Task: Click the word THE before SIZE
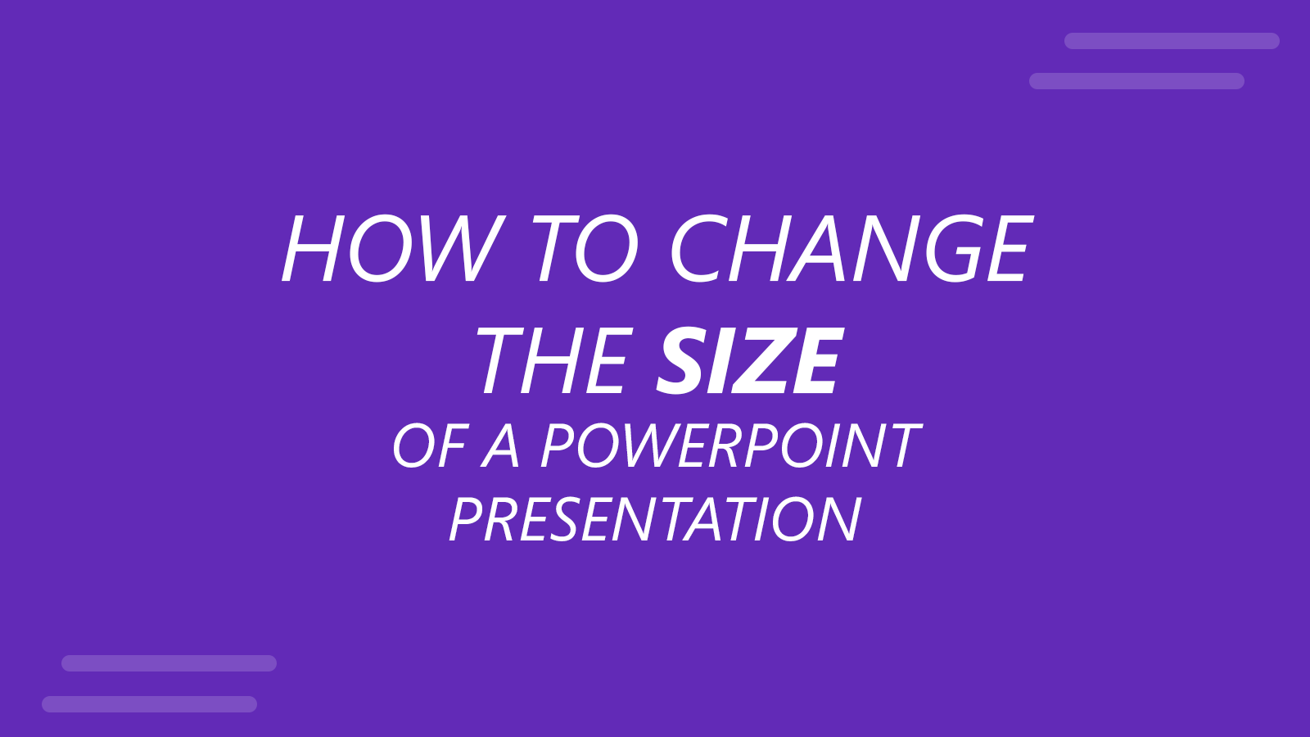coord(555,361)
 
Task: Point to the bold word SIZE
coord(749,361)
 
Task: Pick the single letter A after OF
coord(501,446)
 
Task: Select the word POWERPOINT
coord(730,446)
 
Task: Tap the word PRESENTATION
coord(655,520)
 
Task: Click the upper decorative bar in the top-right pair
coord(1172,41)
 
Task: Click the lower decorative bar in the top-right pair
coord(1136,81)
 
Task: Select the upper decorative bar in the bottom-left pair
coord(169,663)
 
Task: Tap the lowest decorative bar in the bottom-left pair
coord(149,704)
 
